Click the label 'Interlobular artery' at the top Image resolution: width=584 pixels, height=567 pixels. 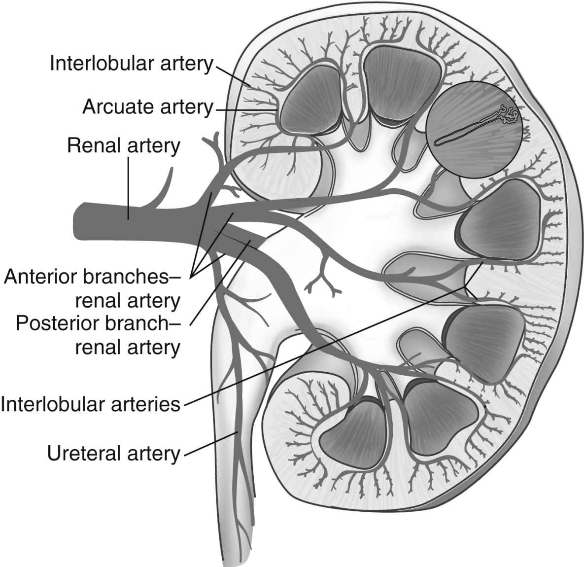tap(131, 64)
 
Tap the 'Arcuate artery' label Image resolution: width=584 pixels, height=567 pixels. tap(147, 106)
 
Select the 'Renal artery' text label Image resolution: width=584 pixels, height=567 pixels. tap(124, 146)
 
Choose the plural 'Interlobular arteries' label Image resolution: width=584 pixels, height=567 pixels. tap(91, 404)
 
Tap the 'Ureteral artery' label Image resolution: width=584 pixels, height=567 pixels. tap(114, 454)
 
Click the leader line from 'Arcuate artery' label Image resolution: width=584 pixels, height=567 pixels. tap(244, 107)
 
